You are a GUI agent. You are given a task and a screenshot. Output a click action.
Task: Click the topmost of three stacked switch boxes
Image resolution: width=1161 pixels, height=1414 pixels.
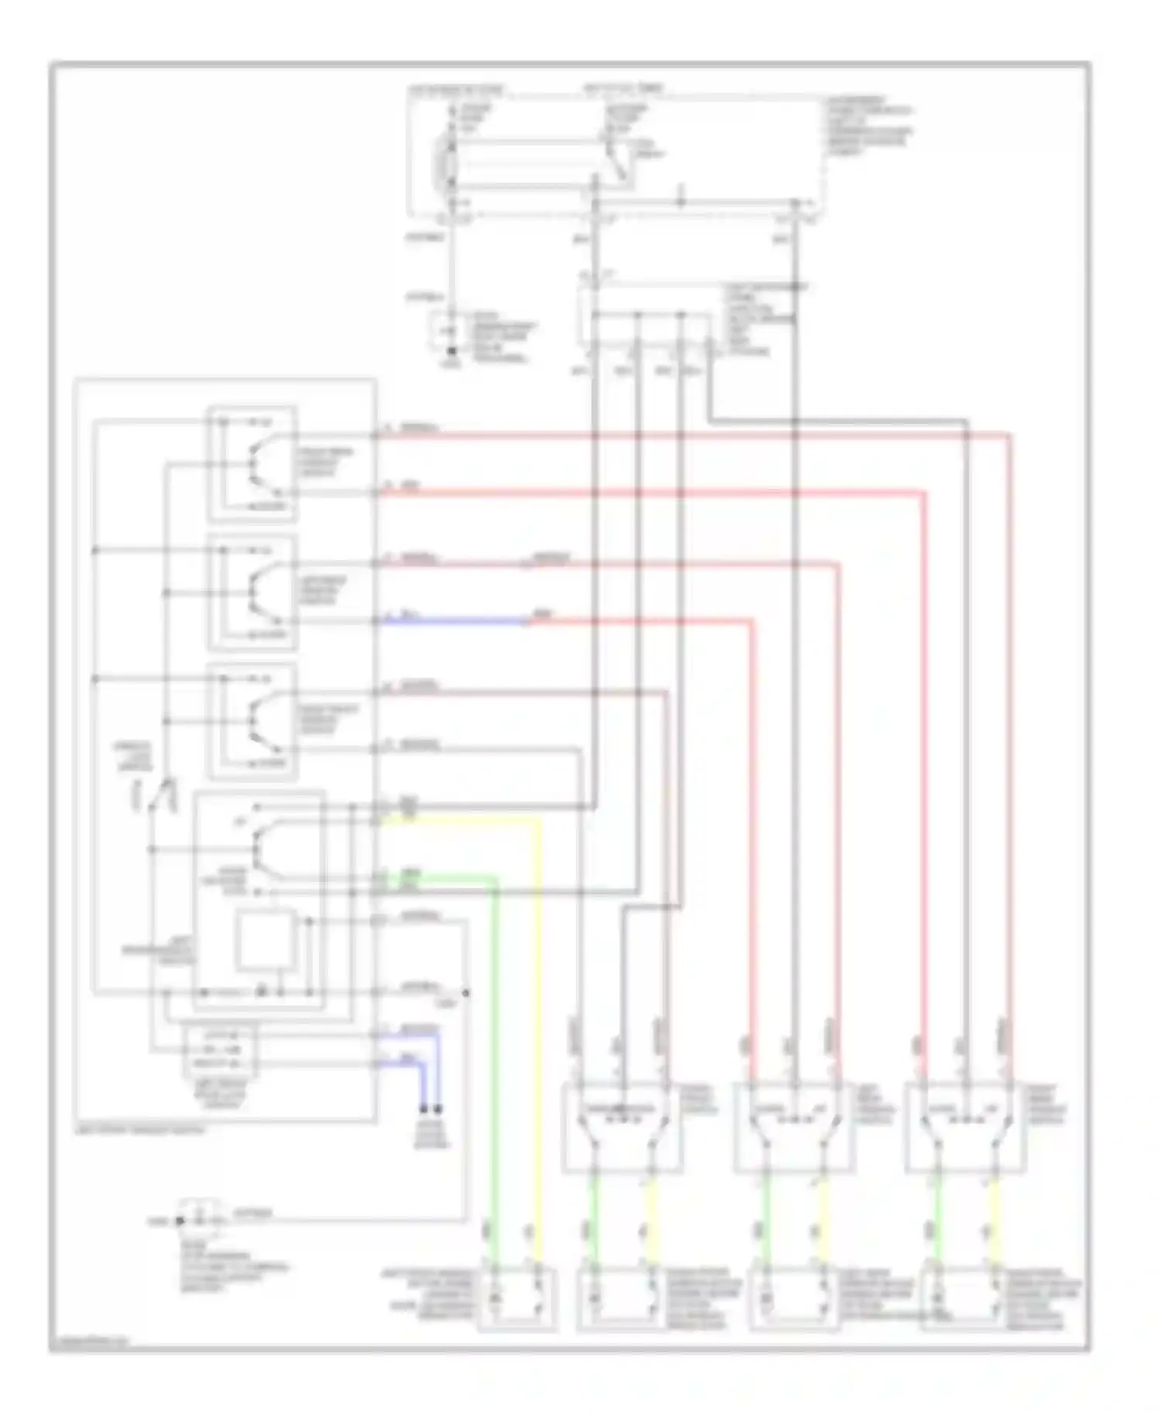[252, 463]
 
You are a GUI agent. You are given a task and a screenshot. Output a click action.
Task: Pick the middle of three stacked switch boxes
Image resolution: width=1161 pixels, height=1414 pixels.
[252, 593]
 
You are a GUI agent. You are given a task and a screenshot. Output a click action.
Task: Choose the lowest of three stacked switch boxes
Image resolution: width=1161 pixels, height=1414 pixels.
[252, 721]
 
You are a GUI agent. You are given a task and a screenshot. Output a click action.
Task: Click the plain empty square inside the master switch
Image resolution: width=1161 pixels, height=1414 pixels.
[265, 939]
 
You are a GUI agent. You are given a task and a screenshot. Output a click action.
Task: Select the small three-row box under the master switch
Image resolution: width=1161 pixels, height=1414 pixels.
[220, 1050]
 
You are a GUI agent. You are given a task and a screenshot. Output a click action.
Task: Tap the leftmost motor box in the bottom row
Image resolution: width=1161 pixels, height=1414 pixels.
[517, 1299]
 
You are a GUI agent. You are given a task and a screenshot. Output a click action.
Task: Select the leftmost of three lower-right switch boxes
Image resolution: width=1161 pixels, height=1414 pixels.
[622, 1126]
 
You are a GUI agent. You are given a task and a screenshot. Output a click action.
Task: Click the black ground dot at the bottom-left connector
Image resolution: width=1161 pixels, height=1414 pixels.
[180, 1221]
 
